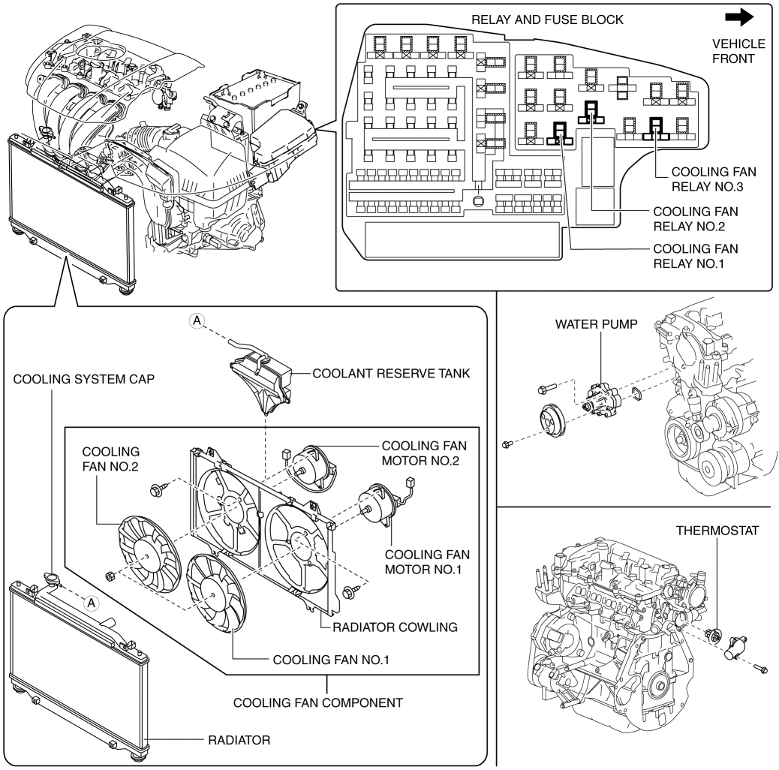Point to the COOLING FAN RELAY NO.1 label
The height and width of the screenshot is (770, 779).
click(x=696, y=255)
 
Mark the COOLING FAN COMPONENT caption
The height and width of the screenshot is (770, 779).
click(x=319, y=703)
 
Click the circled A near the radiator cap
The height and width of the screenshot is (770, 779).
click(x=92, y=602)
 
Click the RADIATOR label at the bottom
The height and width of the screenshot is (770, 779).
click(x=240, y=740)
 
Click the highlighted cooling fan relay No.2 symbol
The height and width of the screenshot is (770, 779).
click(x=592, y=113)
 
